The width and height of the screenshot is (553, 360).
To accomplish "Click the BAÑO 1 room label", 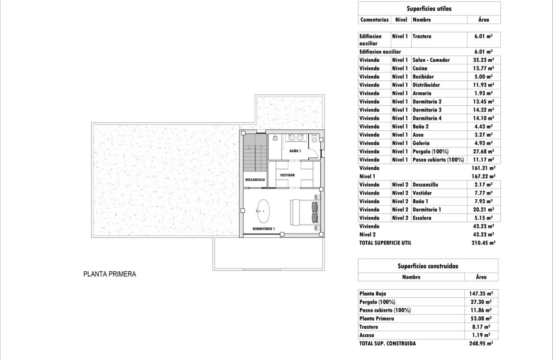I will pyautogui.click(x=295, y=151).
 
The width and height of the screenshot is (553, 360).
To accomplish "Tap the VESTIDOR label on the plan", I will pyautogui.click(x=287, y=175).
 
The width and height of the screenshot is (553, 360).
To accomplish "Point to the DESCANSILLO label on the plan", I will pyautogui.click(x=255, y=180).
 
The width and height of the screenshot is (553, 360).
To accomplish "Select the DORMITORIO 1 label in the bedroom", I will pyautogui.click(x=263, y=228).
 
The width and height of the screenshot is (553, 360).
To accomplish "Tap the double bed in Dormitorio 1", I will pyautogui.click(x=305, y=213).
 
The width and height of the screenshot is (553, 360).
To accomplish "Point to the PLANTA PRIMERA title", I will pyautogui.click(x=109, y=274).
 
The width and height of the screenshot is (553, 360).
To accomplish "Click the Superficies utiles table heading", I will pyautogui.click(x=429, y=9).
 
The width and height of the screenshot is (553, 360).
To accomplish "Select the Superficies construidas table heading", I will pyautogui.click(x=428, y=266).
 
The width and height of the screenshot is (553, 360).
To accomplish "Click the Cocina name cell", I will pyautogui.click(x=420, y=68).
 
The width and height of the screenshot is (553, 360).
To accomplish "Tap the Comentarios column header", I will pyautogui.click(x=374, y=20).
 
